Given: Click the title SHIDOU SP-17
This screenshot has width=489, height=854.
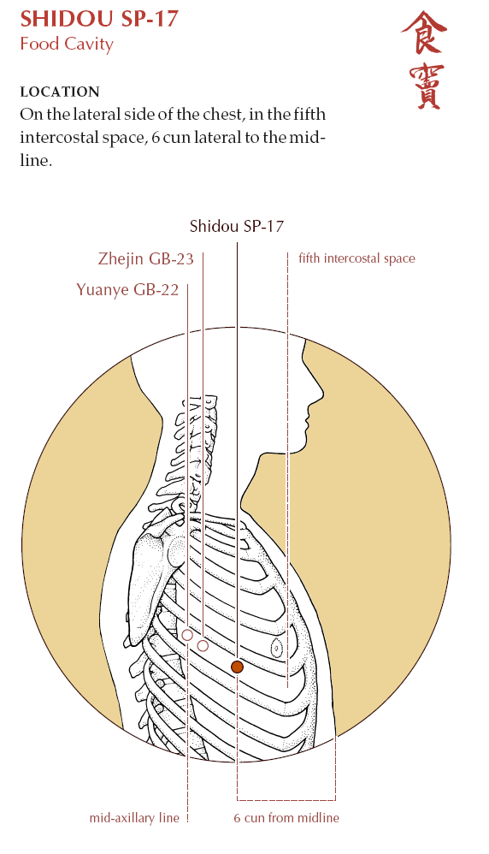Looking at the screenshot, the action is pos(99,19).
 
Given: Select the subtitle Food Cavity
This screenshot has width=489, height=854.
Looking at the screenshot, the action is pos(67,44).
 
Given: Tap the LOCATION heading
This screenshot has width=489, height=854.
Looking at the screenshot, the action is pos(60,92).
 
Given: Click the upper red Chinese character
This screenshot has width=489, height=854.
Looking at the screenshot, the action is pos(424,33).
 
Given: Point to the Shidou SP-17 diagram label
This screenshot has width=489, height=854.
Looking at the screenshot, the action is pos(237,226).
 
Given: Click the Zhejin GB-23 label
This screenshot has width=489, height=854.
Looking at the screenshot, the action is pos(146,258).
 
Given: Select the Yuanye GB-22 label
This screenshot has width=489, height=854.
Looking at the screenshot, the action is pos(127,289).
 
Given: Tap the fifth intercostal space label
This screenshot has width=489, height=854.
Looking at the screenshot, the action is pos(356,258).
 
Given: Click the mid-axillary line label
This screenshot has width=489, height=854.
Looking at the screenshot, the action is pos(134,817).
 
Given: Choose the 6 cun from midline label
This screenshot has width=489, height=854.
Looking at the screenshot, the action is pos(286,817).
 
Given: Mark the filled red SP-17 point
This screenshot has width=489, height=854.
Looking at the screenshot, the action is pos(237,667).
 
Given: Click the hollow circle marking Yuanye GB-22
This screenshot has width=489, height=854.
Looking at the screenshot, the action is pos(187,635).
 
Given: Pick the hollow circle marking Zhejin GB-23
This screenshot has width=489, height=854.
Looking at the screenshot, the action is pos(203,646).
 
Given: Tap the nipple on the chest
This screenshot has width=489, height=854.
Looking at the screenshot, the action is pos(277,648).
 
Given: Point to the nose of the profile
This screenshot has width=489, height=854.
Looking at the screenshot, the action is pos(321,390).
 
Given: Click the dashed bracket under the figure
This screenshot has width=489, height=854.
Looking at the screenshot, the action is pos(286,800).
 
